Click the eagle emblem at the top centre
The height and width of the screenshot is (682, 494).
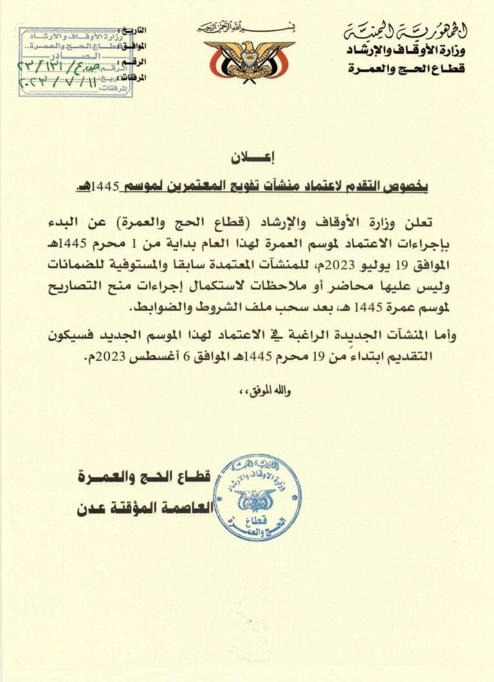(249, 60)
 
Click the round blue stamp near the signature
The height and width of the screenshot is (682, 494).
(256, 497)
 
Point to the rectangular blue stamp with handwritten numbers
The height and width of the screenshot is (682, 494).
(75, 61)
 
